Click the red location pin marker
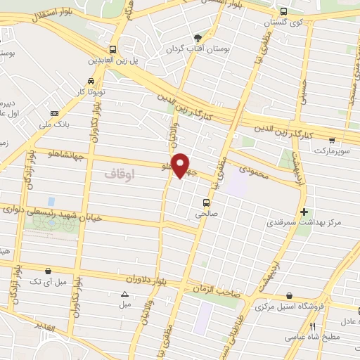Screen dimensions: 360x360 pos(181,165)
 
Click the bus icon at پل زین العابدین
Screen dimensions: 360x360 pos(112,49)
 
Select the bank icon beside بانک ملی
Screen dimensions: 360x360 pos(54,113)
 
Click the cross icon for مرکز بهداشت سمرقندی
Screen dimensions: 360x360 pos(303,211)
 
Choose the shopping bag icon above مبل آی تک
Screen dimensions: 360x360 pos(47,270)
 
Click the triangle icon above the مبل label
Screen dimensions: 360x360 pos(125,294)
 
